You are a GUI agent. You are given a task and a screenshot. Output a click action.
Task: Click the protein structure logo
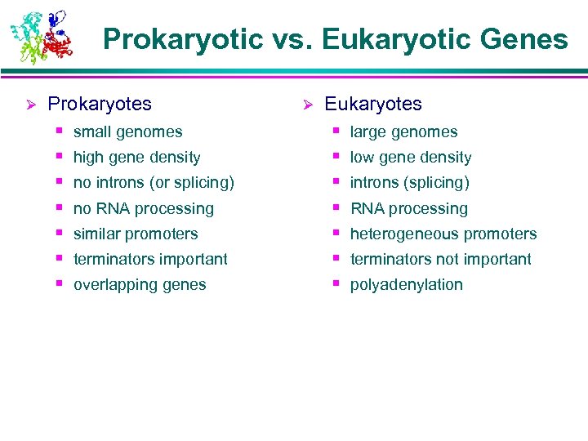coord(42,37)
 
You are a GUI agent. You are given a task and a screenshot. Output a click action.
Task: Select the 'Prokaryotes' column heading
coord(100,105)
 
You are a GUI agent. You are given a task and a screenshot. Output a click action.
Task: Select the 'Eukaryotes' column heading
coord(373,105)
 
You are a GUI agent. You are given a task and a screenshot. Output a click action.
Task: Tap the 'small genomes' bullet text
coord(127,132)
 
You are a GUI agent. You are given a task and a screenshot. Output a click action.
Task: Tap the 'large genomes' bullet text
coord(403,132)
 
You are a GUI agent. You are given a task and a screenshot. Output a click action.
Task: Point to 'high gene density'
coord(136,158)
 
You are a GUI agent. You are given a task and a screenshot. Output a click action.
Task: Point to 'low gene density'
coord(411,158)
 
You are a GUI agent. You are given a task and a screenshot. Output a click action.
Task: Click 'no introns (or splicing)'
coord(154,183)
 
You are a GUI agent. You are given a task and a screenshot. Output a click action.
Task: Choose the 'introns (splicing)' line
coord(409,183)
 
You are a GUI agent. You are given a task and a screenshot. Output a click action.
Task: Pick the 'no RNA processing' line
coord(143,209)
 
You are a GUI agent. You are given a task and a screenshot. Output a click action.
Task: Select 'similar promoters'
coord(136,234)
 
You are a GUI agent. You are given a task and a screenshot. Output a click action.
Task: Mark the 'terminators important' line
coord(150,260)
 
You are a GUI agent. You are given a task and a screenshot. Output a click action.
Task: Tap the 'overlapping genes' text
coord(140,285)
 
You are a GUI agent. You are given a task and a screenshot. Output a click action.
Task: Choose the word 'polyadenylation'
coord(406,285)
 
